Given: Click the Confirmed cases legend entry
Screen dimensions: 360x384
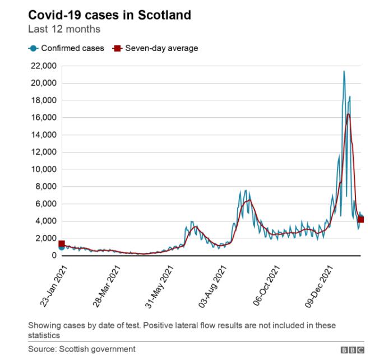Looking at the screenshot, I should tap(71, 48).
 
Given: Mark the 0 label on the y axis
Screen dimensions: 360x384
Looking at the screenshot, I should tap(54, 256).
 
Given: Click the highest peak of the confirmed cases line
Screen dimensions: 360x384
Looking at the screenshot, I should tap(344, 71).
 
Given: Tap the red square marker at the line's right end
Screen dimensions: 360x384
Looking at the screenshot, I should tap(360, 219).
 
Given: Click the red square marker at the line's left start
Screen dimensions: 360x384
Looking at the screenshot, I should tap(62, 243).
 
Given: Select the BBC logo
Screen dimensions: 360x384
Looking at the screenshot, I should tap(352, 349).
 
